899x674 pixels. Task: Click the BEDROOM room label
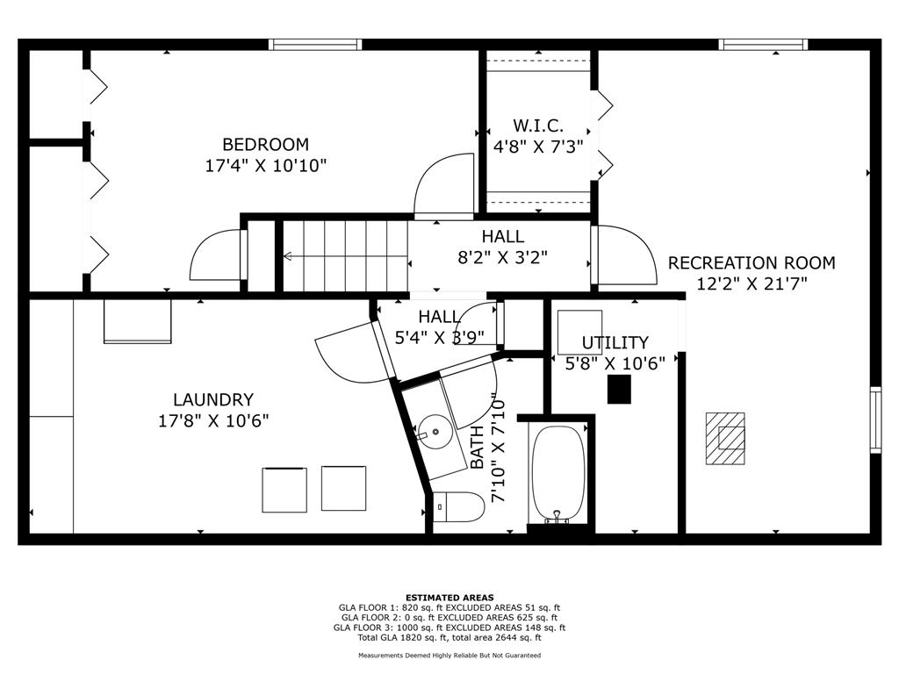pyautogui.click(x=265, y=144)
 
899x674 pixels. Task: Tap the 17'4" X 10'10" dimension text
pyautogui.click(x=265, y=166)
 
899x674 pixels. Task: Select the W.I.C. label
pyautogui.click(x=538, y=125)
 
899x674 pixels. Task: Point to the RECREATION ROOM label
pyautogui.click(x=752, y=262)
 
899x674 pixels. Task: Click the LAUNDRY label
pyautogui.click(x=213, y=399)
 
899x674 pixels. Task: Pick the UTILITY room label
pyautogui.click(x=615, y=343)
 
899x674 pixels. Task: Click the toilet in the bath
pyautogui.click(x=458, y=506)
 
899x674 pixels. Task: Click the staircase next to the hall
pyautogui.click(x=345, y=255)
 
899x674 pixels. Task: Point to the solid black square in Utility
pyautogui.click(x=619, y=389)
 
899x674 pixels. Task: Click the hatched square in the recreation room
pyautogui.click(x=724, y=439)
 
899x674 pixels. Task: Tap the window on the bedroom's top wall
pyautogui.click(x=315, y=45)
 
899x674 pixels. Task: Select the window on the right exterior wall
pyautogui.click(x=875, y=420)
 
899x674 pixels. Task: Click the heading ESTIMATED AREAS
pyautogui.click(x=449, y=597)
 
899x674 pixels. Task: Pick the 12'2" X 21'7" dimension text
pyautogui.click(x=752, y=283)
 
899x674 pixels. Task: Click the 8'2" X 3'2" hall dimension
pyautogui.click(x=502, y=257)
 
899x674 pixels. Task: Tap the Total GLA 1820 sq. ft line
pyautogui.click(x=449, y=637)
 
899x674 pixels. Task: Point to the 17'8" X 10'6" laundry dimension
pyautogui.click(x=213, y=421)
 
